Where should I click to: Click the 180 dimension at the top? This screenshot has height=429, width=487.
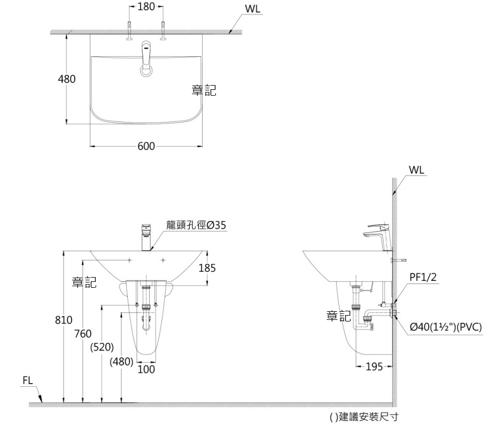(x=146, y=7)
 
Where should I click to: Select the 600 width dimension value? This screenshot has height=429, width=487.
(x=146, y=146)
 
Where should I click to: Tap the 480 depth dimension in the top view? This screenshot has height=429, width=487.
(x=67, y=79)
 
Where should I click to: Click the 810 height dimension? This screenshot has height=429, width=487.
(x=64, y=321)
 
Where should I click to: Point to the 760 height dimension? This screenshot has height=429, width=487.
(x=82, y=334)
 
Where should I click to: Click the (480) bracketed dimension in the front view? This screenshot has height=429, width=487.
(x=121, y=362)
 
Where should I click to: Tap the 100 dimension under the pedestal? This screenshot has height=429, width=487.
(x=146, y=369)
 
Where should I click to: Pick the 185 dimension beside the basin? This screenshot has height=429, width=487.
(x=207, y=269)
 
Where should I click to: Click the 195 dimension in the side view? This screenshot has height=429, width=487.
(x=374, y=367)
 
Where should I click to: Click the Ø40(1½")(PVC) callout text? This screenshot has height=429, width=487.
(x=446, y=327)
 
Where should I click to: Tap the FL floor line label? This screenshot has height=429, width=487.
(x=28, y=380)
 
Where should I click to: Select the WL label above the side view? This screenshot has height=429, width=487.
(x=416, y=170)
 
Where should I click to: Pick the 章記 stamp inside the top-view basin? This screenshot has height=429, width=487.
(x=204, y=91)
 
